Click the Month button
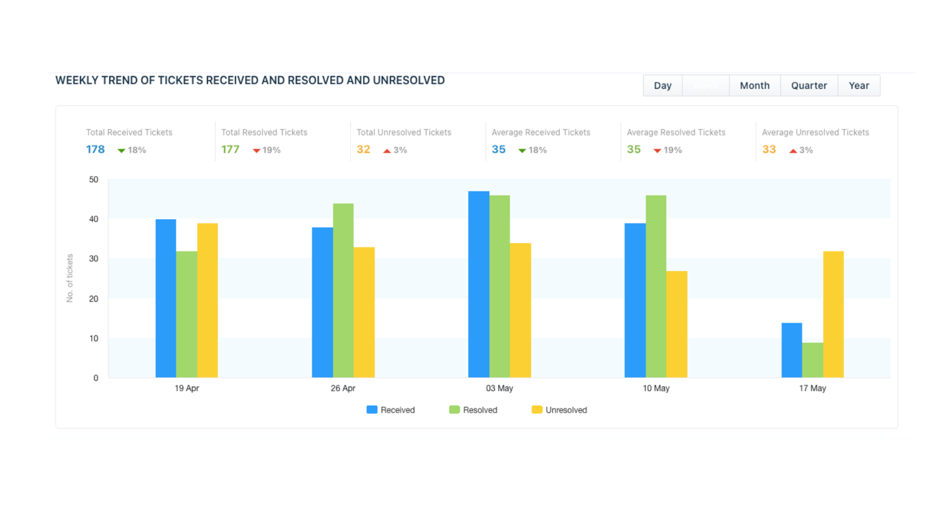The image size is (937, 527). [x=754, y=86]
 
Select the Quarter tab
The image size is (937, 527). [x=809, y=86]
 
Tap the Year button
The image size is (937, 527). [x=858, y=86]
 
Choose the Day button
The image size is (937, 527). [x=662, y=86]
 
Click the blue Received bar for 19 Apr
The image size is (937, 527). [x=166, y=298]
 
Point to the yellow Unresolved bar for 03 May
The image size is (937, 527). [x=520, y=310]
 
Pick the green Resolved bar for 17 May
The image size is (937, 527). [x=812, y=360]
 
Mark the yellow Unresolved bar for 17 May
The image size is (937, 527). [x=833, y=314]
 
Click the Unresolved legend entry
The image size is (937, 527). [x=559, y=410]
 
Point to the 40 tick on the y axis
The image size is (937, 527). [x=94, y=219]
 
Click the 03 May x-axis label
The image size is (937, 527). [x=500, y=388]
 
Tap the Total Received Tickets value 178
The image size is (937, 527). [x=95, y=149]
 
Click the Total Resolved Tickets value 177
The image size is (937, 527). [x=230, y=149]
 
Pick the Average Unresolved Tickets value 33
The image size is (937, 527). [x=769, y=149]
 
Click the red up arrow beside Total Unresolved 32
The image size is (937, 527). [x=387, y=150]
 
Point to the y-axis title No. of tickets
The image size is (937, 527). [x=70, y=278]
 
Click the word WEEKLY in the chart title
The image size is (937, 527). [x=77, y=81]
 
